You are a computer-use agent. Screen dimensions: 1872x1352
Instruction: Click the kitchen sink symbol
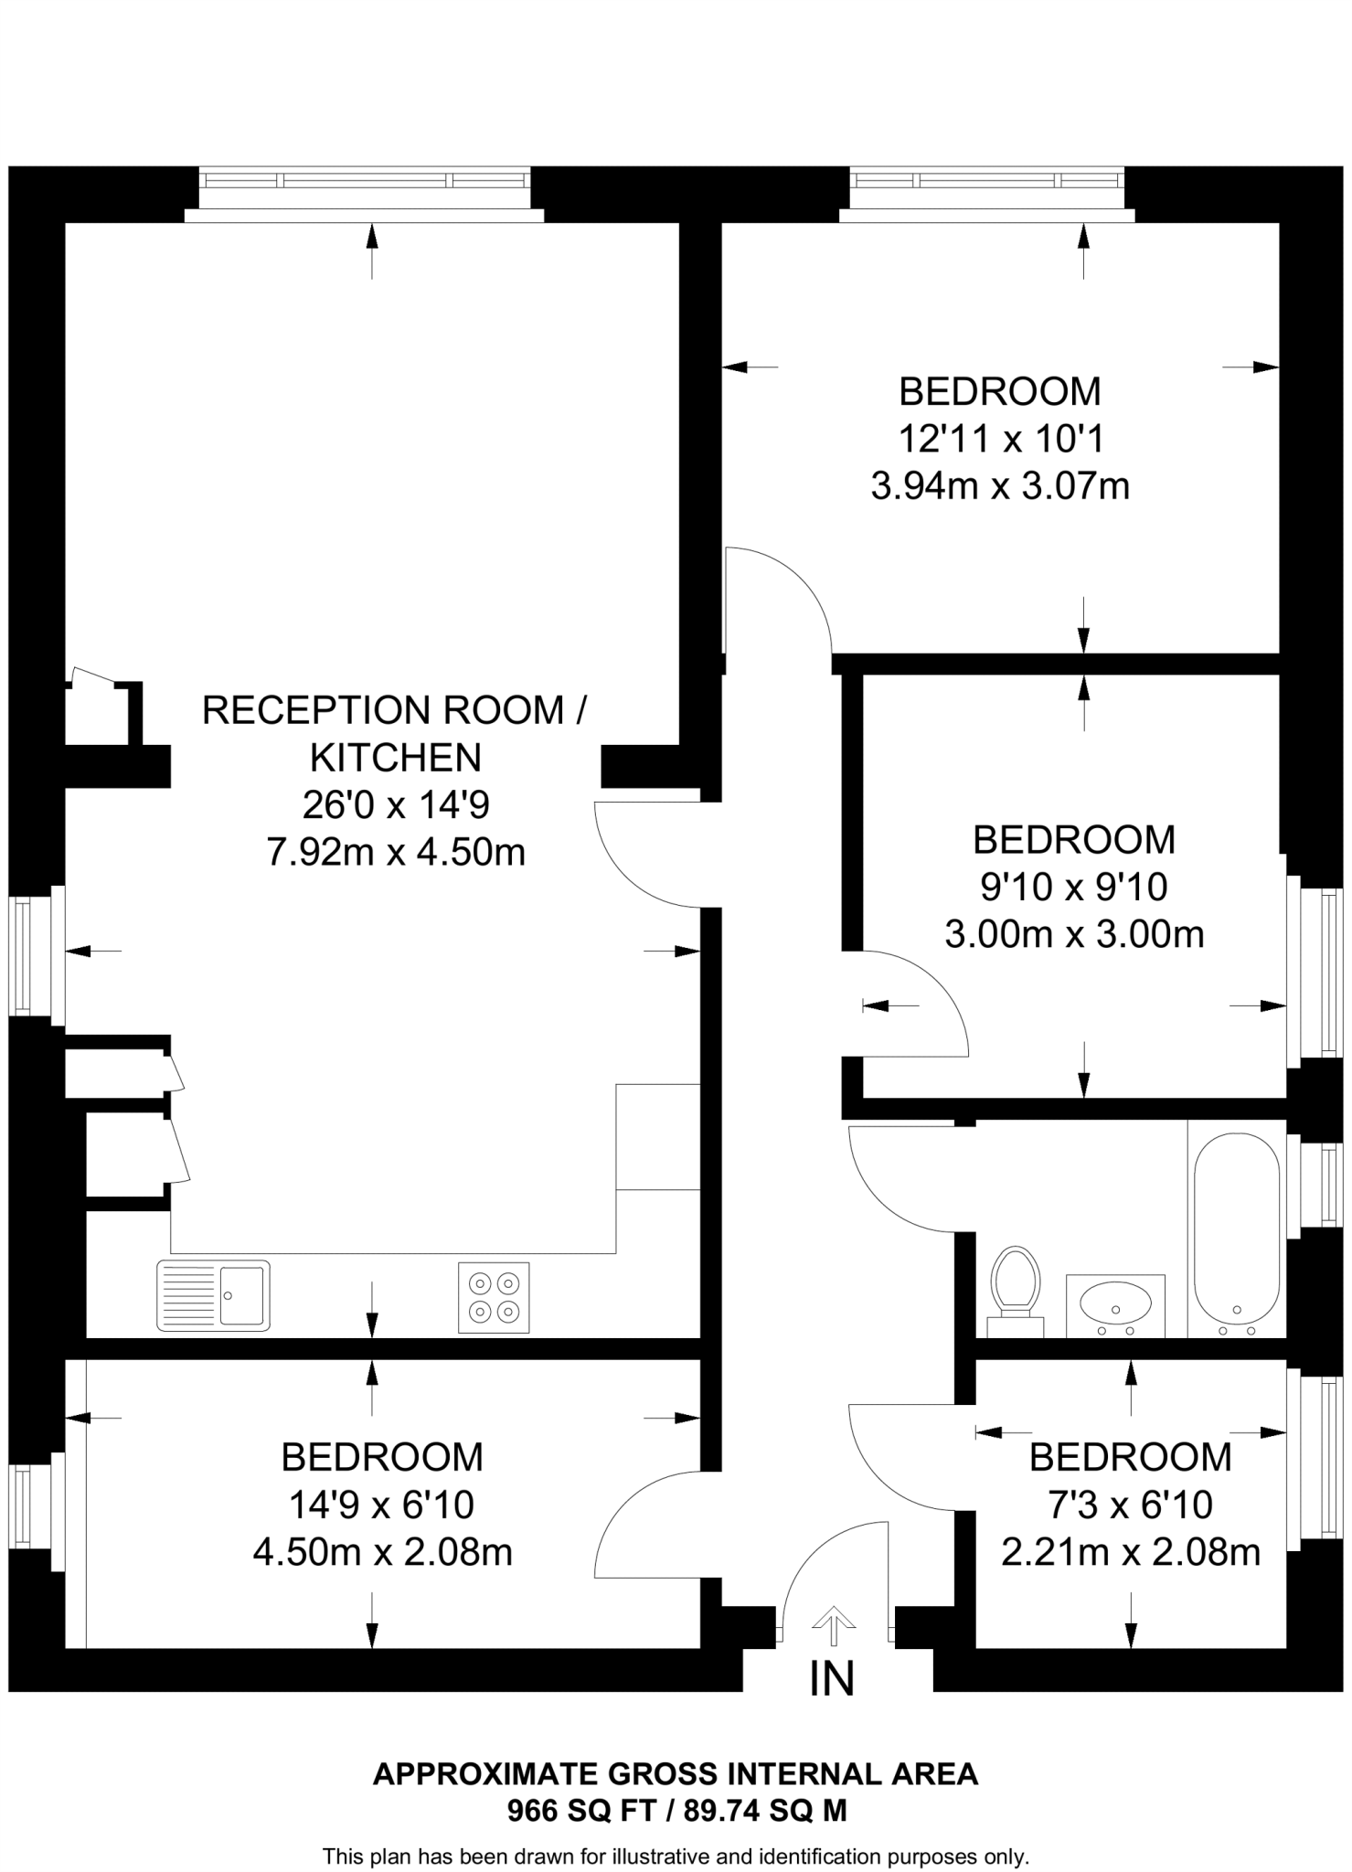pyautogui.click(x=214, y=1295)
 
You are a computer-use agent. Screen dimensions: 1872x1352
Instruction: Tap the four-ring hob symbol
pyautogui.click(x=494, y=1297)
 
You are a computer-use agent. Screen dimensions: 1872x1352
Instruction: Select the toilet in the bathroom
pyautogui.click(x=1016, y=1282)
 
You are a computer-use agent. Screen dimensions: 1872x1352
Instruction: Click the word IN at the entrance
pyautogui.click(x=832, y=1678)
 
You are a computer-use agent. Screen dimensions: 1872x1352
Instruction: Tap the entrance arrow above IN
pyautogui.click(x=833, y=1622)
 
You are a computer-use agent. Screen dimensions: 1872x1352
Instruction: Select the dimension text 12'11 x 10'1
pyautogui.click(x=1001, y=440)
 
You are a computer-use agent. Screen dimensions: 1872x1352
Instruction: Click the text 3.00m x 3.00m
pyautogui.click(x=1074, y=935)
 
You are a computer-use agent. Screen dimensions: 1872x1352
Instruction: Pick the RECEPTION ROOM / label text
pyautogui.click(x=394, y=710)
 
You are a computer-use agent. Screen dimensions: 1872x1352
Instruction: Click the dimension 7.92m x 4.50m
pyautogui.click(x=396, y=853)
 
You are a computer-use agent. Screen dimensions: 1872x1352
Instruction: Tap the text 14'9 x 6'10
pyautogui.click(x=381, y=1505)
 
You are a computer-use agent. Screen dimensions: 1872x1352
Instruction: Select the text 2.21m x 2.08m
pyautogui.click(x=1131, y=1552)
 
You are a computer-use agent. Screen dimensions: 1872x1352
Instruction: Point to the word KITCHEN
pyautogui.click(x=396, y=758)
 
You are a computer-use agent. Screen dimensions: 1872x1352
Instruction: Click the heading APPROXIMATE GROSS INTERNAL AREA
pyautogui.click(x=676, y=1774)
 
